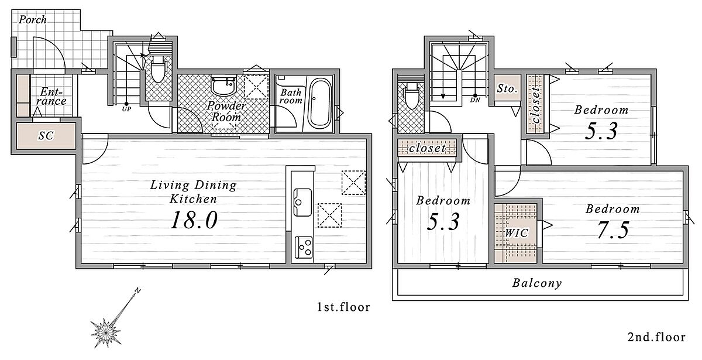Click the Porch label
(x=33, y=19)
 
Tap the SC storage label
(x=46, y=135)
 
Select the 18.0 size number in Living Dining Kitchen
(x=194, y=220)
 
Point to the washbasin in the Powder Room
(x=223, y=85)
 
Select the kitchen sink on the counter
(x=302, y=203)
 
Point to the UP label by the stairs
(x=126, y=109)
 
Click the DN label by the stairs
(x=475, y=100)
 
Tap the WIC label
(x=517, y=233)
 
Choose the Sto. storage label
(x=507, y=89)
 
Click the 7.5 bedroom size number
(x=612, y=230)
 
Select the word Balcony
(x=537, y=283)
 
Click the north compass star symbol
(x=106, y=332)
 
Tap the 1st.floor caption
(x=343, y=307)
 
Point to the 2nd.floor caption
(x=656, y=337)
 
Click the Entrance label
(x=51, y=96)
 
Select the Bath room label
(x=291, y=96)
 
